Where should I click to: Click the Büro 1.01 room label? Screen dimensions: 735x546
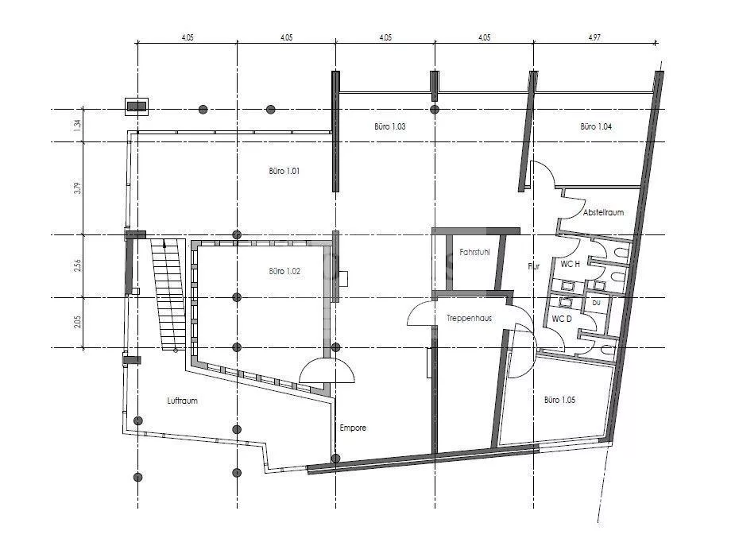284,171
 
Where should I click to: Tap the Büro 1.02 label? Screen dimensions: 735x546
284,271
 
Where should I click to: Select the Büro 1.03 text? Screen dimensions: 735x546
390,126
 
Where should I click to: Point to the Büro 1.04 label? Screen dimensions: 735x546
596,126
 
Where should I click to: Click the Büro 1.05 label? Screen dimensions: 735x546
559,400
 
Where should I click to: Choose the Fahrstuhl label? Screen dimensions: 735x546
474,252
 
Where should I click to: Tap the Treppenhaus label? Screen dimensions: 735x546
470,318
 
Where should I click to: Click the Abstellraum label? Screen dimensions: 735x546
603,212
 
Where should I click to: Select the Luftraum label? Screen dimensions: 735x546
182,401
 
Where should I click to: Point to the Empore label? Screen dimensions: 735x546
353,428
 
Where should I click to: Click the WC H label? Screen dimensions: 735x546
570,264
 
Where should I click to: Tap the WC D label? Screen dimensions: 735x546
562,319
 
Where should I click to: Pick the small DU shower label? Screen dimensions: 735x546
596,303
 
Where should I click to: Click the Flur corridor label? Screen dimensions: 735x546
533,266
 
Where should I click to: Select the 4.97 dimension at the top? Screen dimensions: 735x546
594,37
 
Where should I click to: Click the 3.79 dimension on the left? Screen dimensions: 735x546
78,188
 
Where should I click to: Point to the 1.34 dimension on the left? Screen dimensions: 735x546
78,125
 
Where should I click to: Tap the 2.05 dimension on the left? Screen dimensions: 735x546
78,322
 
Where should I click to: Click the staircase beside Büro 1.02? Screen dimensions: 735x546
168,294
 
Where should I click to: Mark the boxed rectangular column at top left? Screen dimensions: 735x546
137,106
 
